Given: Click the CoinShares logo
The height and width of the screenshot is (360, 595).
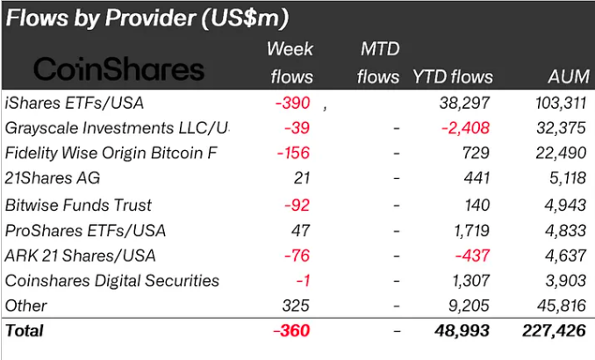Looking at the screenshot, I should (118, 71).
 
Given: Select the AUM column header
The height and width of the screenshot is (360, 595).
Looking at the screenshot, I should (566, 76).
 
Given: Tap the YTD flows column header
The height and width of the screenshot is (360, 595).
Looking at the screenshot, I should (452, 76).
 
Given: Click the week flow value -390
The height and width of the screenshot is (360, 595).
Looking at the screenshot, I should (292, 103).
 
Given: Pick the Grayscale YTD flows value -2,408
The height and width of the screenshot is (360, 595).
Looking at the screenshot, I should (464, 128).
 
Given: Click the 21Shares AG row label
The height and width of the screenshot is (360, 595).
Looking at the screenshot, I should (53, 179).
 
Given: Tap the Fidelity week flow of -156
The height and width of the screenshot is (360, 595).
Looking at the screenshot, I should (292, 154).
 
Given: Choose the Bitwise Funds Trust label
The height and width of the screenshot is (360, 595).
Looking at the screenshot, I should (78, 205).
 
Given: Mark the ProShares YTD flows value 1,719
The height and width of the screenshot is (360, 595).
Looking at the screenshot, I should (472, 230).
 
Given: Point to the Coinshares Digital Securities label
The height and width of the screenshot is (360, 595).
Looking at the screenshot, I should (111, 281).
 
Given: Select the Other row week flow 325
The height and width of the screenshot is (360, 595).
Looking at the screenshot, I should (297, 306).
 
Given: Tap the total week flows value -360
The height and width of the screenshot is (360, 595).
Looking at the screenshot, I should (291, 332).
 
